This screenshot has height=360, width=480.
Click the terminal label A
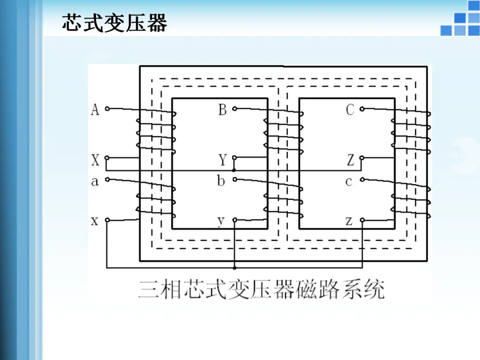pos(95,109)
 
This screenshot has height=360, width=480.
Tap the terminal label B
pos(223,109)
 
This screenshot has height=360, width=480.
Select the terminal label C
pos(350,109)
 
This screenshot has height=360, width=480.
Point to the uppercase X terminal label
pos(95,160)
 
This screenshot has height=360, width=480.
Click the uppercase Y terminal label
pos(223,160)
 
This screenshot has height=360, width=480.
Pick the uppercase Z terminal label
pos(351,160)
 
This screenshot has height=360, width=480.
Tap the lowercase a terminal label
pos(95,181)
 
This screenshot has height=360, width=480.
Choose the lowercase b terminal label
pos(221,181)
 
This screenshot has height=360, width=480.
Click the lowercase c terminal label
pos(349,181)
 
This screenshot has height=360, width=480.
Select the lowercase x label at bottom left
pos(95,221)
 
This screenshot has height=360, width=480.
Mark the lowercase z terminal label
pos(349,221)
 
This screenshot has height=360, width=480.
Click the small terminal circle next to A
pos(107,108)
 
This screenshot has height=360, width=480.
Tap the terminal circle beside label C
pos(362,108)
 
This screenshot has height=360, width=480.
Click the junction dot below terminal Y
pos(234,170)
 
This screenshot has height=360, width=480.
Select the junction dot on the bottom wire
pos(234,268)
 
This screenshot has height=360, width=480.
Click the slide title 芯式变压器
pos(114,23)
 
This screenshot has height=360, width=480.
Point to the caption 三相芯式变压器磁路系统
pos(261,289)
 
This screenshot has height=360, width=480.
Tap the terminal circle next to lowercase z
pos(362,220)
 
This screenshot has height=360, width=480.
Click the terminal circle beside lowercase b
pos(234,180)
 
